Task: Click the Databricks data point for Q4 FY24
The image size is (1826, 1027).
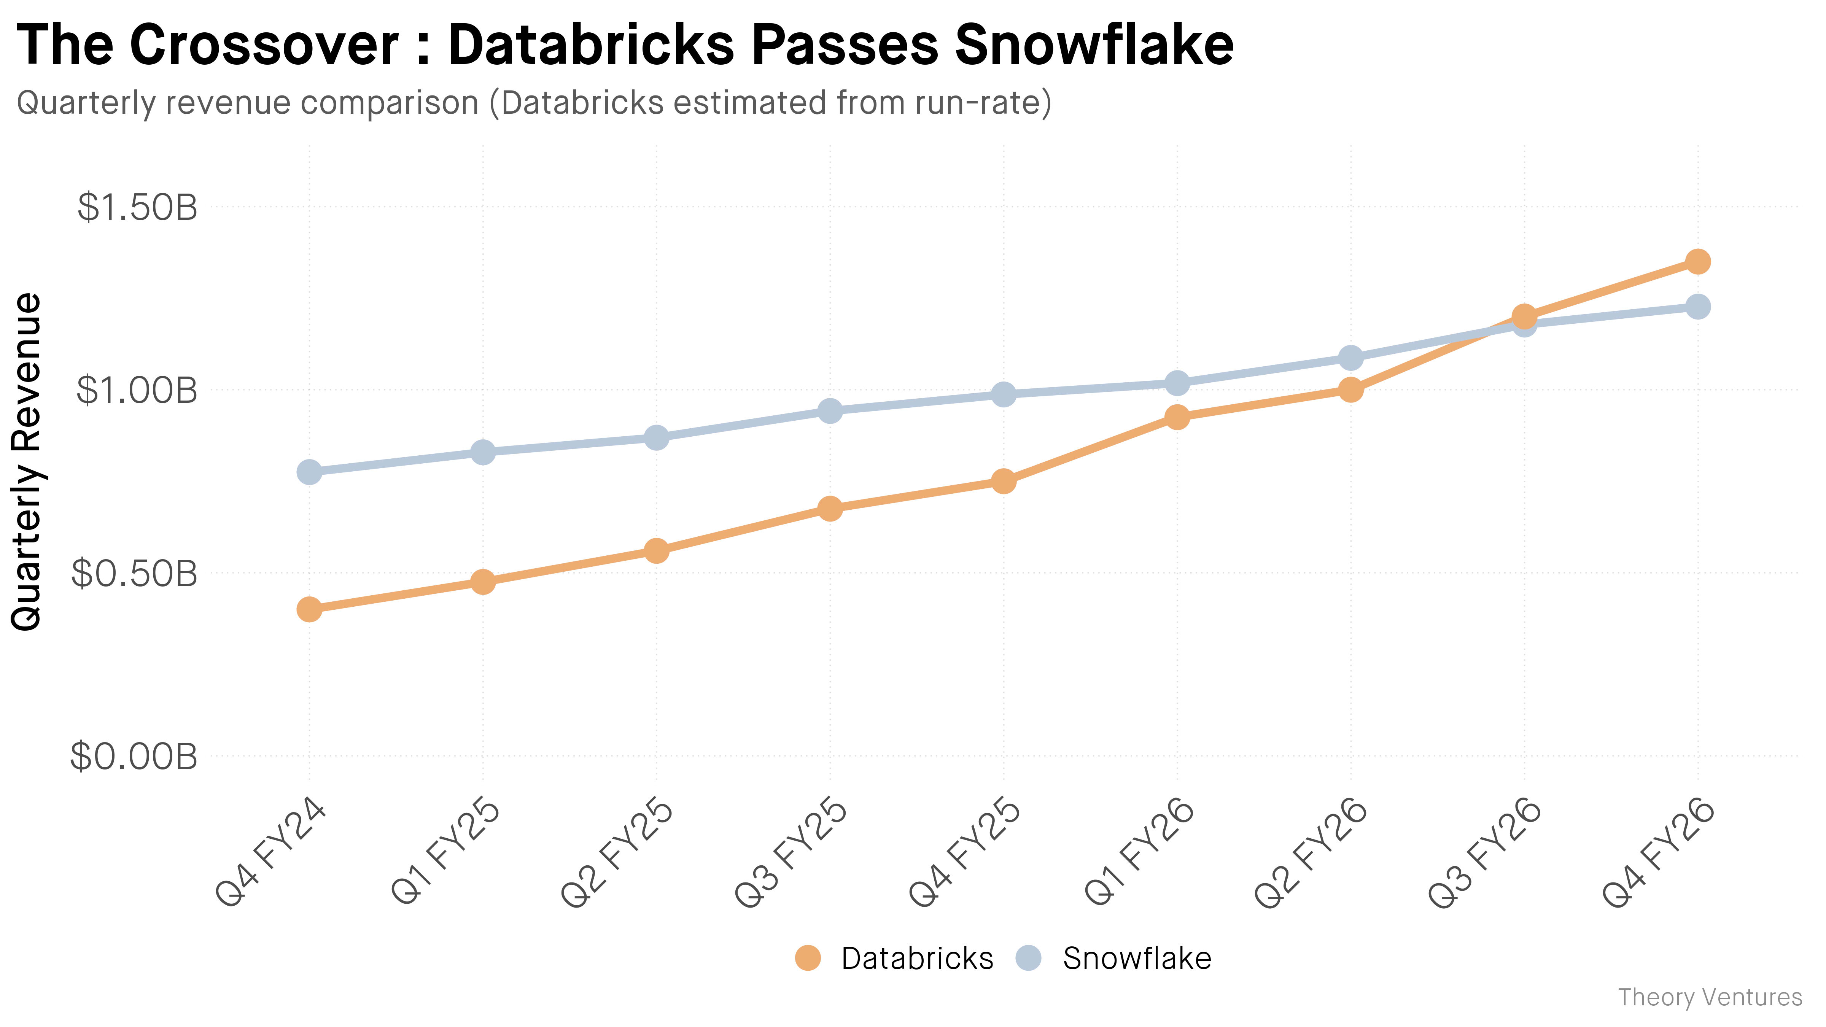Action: pos(309,609)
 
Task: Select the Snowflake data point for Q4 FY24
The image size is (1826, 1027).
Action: pos(309,471)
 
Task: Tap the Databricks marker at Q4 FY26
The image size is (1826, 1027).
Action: pos(1698,262)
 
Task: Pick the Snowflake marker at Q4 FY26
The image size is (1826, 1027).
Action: pos(1698,307)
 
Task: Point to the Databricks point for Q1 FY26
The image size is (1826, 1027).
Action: pos(1177,417)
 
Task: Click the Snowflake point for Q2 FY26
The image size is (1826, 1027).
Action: pos(1351,357)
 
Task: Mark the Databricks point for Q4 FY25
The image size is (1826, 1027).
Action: pos(1004,481)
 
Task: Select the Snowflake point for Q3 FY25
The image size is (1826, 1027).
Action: pos(830,410)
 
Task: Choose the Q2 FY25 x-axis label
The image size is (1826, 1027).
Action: pos(617,853)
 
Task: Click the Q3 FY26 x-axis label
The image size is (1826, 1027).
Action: pos(1485,853)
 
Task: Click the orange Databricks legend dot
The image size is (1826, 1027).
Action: pos(807,958)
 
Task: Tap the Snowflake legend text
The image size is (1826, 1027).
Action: pos(1137,958)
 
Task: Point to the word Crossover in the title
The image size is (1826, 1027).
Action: pos(264,45)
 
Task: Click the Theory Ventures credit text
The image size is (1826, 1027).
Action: pos(1710,997)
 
